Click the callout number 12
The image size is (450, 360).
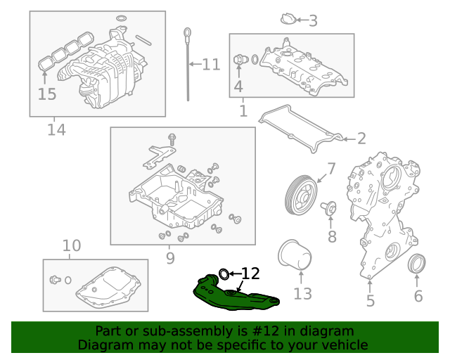[251, 273]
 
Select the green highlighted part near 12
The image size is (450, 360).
[236, 295]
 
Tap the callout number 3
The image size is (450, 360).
[313, 21]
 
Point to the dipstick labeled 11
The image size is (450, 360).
[190, 63]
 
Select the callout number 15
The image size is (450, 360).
[46, 94]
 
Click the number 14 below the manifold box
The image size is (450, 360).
[56, 130]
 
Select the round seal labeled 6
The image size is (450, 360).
[418, 265]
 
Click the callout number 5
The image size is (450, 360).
[370, 302]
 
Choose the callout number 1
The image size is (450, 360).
[243, 111]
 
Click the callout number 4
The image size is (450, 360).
[238, 86]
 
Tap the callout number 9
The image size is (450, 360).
[169, 259]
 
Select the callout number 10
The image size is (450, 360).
[72, 246]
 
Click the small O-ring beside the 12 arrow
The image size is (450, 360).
[224, 273]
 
